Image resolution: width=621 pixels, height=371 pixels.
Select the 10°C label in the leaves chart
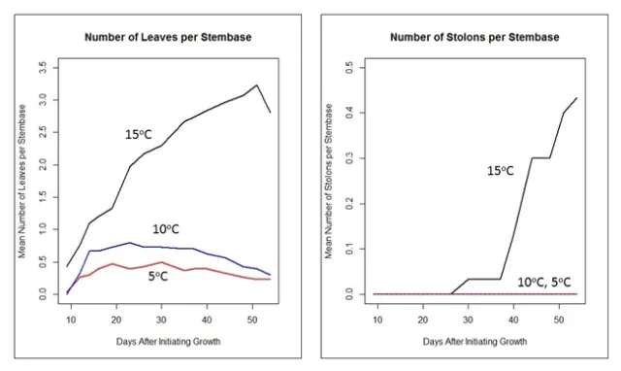pyautogui.click(x=169, y=229)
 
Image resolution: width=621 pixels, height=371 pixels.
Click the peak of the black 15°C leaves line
pyautogui.click(x=256, y=85)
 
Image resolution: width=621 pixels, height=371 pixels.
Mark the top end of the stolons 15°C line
pyautogui.click(x=576, y=98)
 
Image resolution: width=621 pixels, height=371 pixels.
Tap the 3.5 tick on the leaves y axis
pyautogui.click(x=43, y=67)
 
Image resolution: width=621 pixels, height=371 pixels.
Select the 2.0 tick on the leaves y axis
pyautogui.click(x=43, y=164)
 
